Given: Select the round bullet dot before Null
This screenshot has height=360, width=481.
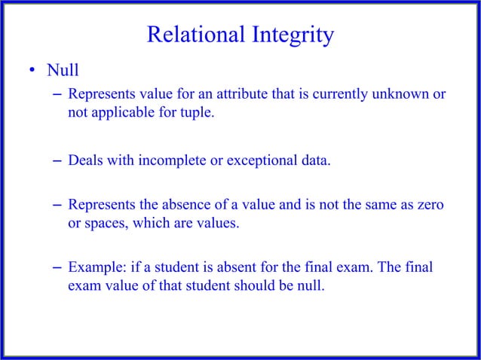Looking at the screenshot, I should pyautogui.click(x=32, y=72).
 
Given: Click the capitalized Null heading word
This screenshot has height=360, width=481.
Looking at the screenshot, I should pyautogui.click(x=63, y=72).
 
